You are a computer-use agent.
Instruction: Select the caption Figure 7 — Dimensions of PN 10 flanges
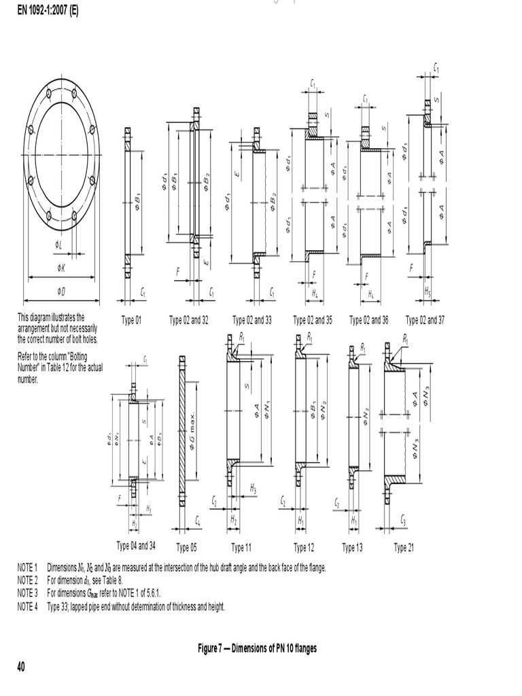point(257,648)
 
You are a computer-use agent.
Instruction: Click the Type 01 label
point(131,320)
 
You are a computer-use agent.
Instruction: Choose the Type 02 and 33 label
point(252,320)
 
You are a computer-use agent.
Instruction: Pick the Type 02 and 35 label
point(313,320)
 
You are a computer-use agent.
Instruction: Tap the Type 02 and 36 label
point(369,320)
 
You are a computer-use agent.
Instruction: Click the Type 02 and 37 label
point(425,320)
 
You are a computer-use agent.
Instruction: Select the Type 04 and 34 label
point(136,546)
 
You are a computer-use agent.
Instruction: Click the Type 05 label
point(186,548)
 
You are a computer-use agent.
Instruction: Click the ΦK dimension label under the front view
point(62,268)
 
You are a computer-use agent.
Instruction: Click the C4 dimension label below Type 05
point(198,521)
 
